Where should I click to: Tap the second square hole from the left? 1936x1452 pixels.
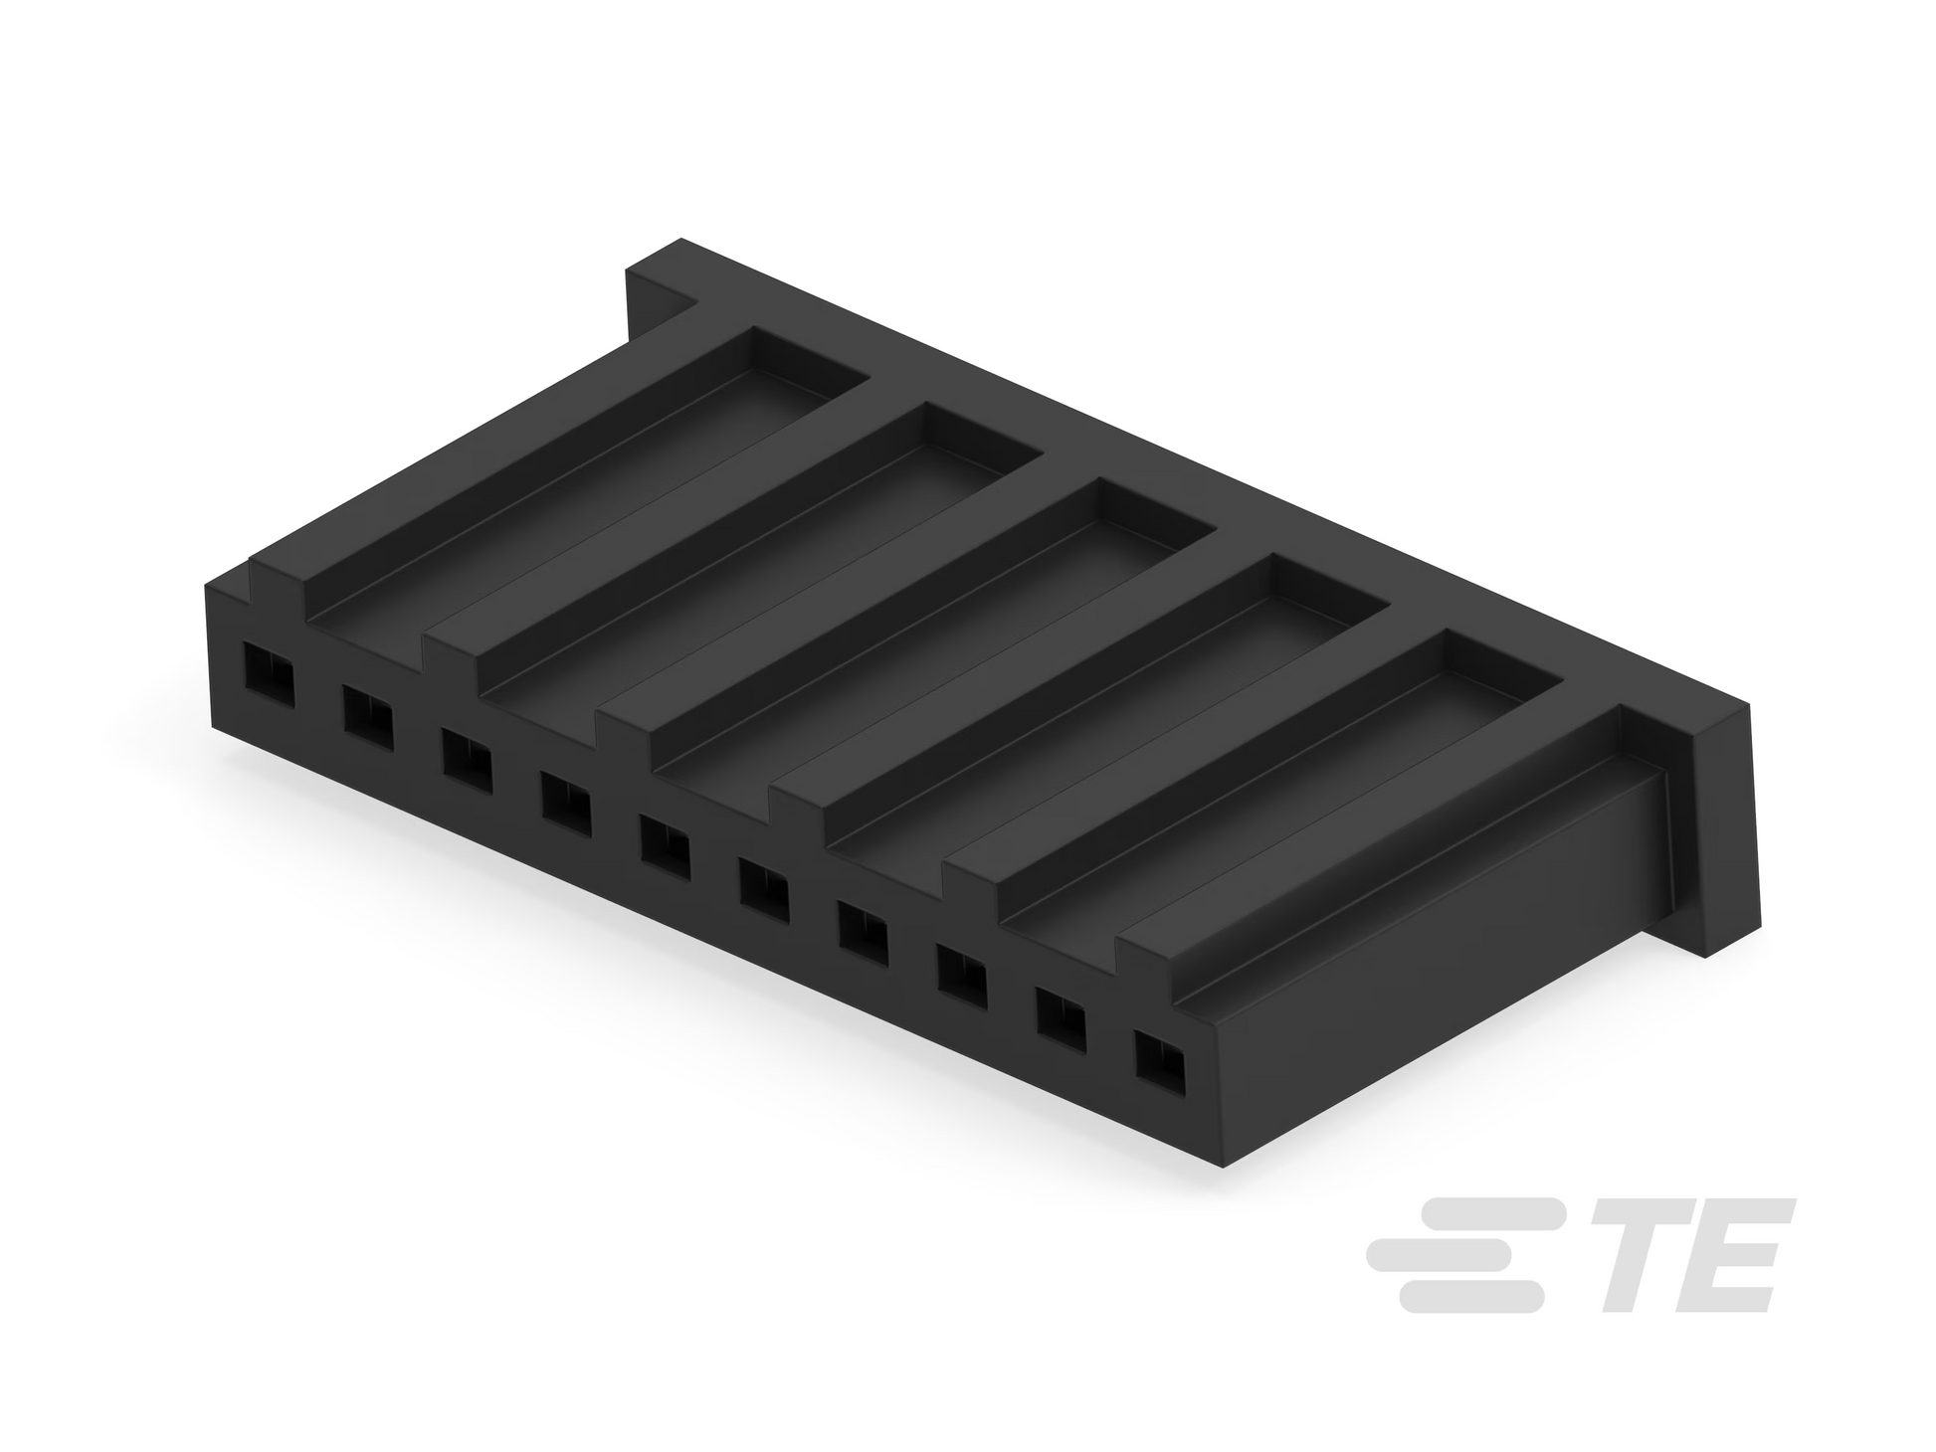pyautogui.click(x=368, y=713)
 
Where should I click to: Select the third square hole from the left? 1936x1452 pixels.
pyautogui.click(x=468, y=758)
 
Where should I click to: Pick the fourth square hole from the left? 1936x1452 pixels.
pyautogui.click(x=566, y=802)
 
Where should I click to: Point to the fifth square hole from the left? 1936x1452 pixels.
pyautogui.click(x=666, y=845)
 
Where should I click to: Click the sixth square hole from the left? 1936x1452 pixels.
pyautogui.click(x=764, y=890)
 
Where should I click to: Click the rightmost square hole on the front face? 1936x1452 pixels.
pyautogui.click(x=1161, y=1068)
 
